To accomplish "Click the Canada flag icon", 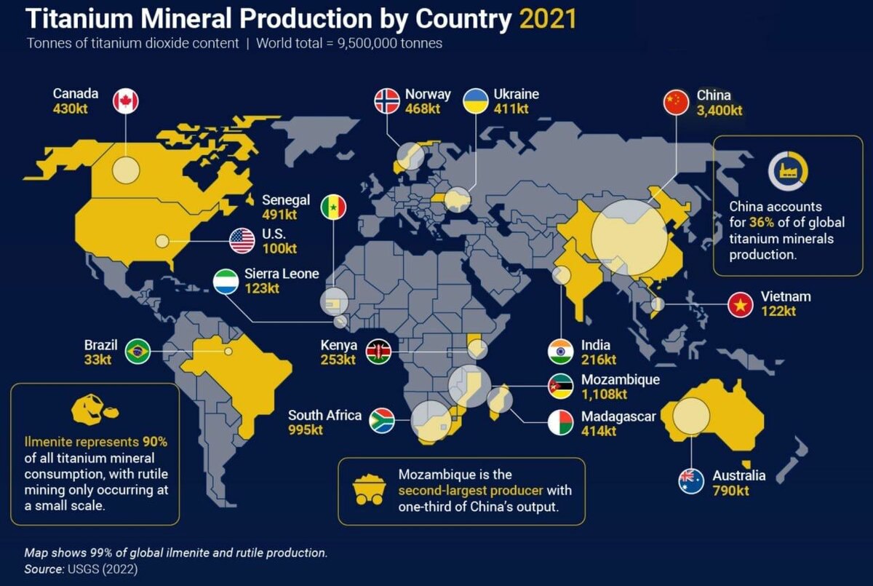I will click(126, 100).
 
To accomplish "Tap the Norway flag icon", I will click(387, 100).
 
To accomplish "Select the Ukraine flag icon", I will click(476, 100).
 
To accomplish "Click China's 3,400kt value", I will click(719, 111).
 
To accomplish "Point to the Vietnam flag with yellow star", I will click(741, 304).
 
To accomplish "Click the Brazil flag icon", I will click(137, 352).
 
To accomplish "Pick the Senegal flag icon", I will click(333, 207).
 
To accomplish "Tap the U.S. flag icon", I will click(242, 241).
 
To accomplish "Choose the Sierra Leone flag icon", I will click(226, 281).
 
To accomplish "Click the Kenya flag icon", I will click(378, 352).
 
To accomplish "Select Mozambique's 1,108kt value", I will click(604, 395).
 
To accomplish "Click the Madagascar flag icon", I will click(560, 423).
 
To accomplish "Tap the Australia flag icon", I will click(691, 480).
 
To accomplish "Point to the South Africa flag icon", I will click(382, 421).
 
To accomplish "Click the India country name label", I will click(596, 345).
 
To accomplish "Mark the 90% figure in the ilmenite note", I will click(154, 442).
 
